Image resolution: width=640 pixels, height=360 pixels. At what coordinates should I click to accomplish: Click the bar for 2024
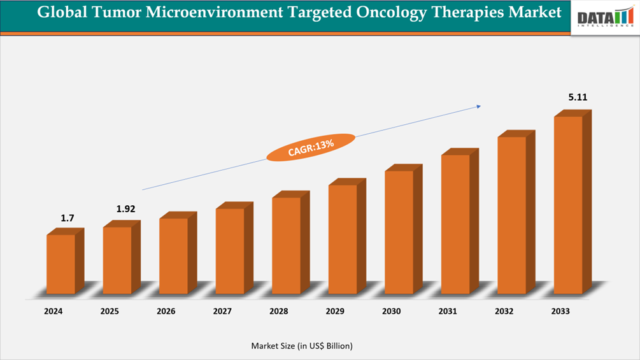coord(60,264)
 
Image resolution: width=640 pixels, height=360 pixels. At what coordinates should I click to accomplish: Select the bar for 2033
coord(568,205)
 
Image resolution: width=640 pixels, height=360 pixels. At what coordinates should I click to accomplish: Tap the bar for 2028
coord(286,245)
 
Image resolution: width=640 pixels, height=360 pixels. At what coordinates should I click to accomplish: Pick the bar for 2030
coord(399,232)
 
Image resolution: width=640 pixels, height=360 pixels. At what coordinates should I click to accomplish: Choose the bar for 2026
coord(173,256)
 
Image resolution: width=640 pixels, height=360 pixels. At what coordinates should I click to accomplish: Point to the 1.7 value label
coord(68,218)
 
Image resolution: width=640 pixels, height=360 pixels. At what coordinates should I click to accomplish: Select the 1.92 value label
coord(125,209)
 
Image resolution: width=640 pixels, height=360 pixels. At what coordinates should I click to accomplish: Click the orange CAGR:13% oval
coord(311,147)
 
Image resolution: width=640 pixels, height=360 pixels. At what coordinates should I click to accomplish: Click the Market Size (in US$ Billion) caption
coord(301,345)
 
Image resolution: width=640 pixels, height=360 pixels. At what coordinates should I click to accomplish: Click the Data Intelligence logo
coord(605,17)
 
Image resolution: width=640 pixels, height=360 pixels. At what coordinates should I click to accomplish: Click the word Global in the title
coord(58,13)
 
